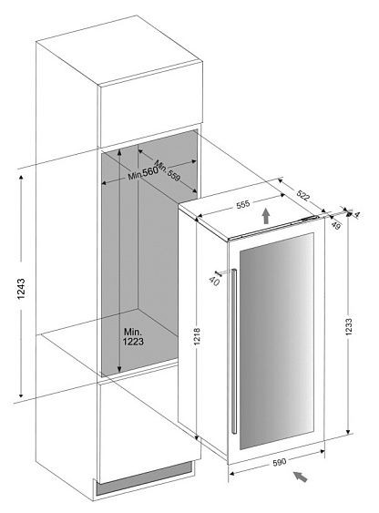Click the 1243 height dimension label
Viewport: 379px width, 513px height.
coord(21,289)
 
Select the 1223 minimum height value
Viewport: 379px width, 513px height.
coord(133,342)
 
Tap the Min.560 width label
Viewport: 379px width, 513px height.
coord(143,172)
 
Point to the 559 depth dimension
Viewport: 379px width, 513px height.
coord(174,175)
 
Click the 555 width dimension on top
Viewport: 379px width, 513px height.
coord(243,204)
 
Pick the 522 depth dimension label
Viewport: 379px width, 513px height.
coord(302,195)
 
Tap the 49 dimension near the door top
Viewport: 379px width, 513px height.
coord(334,225)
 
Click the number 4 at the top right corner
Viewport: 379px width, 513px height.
coord(357,215)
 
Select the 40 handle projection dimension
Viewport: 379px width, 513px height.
coord(214,281)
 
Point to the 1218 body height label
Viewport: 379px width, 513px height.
coord(197,336)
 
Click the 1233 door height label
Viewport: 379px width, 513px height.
coord(349,327)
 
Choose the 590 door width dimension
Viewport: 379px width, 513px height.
coord(280,462)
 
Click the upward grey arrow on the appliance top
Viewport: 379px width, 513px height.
coord(267,216)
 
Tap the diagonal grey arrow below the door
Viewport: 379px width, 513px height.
coord(301,477)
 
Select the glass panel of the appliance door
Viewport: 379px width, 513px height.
coord(277,341)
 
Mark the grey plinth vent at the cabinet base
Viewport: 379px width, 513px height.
coord(144,478)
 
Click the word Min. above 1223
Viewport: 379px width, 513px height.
coord(133,332)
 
